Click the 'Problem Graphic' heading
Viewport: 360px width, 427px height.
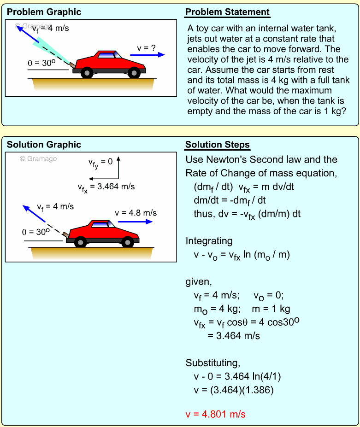[44, 12]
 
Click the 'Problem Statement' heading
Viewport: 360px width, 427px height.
[227, 12]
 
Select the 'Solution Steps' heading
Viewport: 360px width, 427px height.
[218, 145]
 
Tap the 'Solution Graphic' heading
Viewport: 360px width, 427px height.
[44, 145]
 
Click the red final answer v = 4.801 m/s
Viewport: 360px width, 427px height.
[215, 414]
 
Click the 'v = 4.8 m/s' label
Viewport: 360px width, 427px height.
[136, 212]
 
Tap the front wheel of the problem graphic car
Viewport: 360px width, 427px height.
[134, 72]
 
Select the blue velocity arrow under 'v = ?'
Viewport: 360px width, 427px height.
[148, 55]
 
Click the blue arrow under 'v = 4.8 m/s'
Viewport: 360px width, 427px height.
[136, 221]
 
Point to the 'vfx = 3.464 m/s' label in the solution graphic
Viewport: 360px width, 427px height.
[106, 187]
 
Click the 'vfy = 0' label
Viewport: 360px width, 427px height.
[100, 162]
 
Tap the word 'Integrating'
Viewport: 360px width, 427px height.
[209, 240]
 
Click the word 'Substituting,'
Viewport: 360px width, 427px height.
[212, 362]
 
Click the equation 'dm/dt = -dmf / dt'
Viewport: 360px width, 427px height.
[230, 200]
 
